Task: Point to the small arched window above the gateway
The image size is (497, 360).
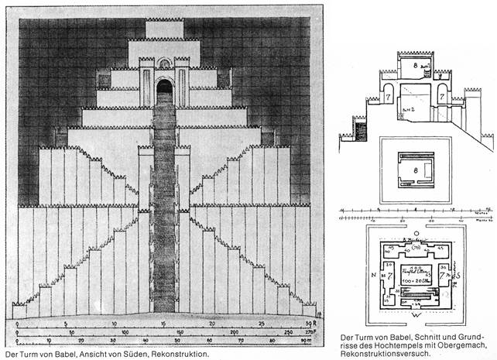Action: pyautogui.click(x=164, y=63)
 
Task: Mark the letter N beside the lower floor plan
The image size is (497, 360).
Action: pyautogui.click(x=354, y=274)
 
